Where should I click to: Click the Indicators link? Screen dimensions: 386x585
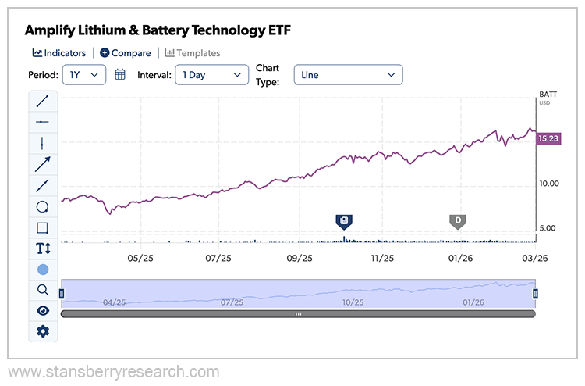point(59,53)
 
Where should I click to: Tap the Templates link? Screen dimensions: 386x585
point(193,53)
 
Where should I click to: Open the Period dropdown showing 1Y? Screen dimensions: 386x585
point(83,75)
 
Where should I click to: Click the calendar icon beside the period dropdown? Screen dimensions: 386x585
point(120,75)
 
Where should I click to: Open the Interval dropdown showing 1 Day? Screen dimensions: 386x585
point(211,75)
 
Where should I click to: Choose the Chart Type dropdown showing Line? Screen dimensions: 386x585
point(348,75)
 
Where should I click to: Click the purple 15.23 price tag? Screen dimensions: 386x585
point(551,138)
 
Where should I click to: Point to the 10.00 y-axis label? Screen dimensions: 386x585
point(549,184)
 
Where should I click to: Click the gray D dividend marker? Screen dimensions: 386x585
point(458,220)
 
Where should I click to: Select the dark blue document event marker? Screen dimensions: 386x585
point(344,220)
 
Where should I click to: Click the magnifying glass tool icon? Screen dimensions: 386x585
point(43,290)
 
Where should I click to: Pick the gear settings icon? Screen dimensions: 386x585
point(43,331)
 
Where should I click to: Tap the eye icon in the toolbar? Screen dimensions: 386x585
point(43,310)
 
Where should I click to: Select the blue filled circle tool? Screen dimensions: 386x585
point(43,270)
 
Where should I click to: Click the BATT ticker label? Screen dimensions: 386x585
point(549,95)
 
